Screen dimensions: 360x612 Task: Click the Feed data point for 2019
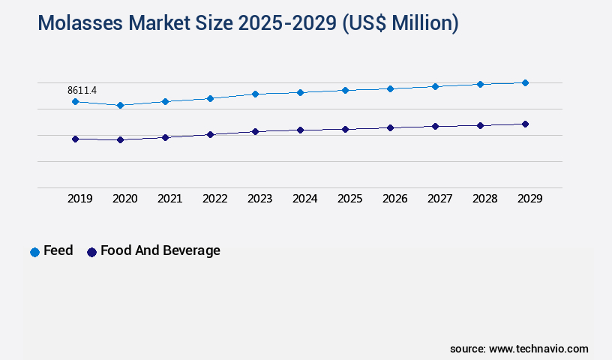75,101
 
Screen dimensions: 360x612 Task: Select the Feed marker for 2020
120,105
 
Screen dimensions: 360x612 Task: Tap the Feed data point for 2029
525,82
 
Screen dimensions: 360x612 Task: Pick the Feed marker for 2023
255,94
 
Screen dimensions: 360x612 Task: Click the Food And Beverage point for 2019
75,139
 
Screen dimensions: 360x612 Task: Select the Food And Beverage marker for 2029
525,124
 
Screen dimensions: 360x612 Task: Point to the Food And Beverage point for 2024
300,130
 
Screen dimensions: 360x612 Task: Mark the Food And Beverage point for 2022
210,134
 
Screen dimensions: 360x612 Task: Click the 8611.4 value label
82,90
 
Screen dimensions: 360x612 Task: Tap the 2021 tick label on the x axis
169,199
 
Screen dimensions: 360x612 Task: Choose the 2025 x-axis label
349,199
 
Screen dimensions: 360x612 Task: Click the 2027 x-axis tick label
439,199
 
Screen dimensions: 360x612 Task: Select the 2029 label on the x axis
529,199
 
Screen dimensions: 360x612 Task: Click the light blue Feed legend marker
34,252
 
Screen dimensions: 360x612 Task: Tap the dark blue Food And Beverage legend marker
91,252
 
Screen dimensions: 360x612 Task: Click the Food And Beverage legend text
160,250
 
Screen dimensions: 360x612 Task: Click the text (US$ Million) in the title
400,24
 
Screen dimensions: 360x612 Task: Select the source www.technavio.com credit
519,349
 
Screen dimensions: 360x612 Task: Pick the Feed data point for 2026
390,88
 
